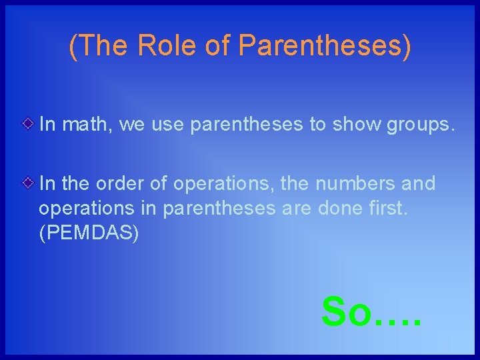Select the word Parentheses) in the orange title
tap(325, 45)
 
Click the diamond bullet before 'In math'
tap(27, 123)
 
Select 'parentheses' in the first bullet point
tap(246, 124)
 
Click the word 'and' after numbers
tap(417, 183)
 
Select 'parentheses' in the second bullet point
tap(219, 209)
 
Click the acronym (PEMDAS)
tap(89, 234)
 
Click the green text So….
tap(371, 311)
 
